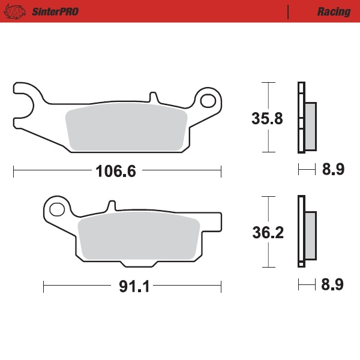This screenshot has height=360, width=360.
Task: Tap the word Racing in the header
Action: click(x=334, y=11)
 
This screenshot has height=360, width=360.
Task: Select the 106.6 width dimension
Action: click(x=116, y=171)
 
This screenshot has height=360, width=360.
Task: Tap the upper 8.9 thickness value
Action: click(x=332, y=170)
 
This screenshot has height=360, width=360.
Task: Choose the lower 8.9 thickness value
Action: click(x=332, y=285)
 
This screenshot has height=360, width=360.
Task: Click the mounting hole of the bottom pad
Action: click(x=57, y=209)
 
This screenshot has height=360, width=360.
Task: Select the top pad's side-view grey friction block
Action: click(x=310, y=125)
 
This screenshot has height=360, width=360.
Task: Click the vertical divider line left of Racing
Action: click(x=289, y=11)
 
